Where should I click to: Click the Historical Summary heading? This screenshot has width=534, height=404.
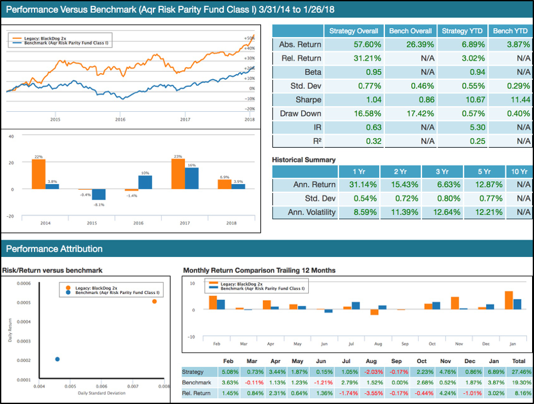[x=304, y=160]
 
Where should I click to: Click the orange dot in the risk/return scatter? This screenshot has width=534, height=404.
[x=154, y=301]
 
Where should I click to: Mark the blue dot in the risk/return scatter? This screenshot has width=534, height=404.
[x=57, y=359]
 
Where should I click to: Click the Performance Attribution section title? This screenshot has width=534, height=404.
[x=54, y=249]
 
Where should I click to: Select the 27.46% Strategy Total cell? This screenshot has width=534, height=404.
[x=518, y=371]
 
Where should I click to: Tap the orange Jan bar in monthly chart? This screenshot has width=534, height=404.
[x=509, y=300]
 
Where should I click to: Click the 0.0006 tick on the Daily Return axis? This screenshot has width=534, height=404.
[x=24, y=283]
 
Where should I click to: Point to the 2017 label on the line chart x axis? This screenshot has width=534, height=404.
[x=185, y=120]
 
